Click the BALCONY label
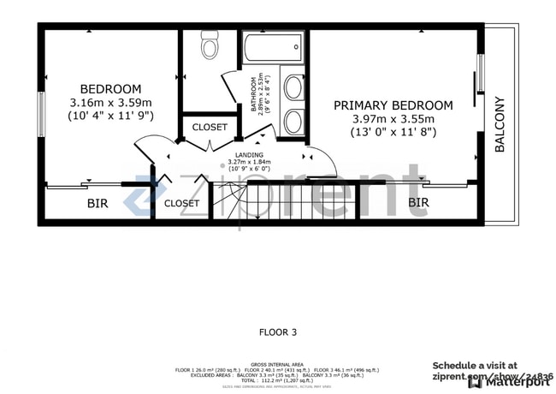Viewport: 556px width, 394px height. (500, 125)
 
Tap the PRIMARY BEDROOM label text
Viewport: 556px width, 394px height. (393, 105)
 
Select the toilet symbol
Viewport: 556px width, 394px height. (210, 44)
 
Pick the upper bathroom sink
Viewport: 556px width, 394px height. (293, 88)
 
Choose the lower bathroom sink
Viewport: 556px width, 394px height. (293, 121)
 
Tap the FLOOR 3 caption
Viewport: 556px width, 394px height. (278, 331)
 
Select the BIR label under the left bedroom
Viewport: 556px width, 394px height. (97, 205)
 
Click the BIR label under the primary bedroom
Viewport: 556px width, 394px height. (417, 203)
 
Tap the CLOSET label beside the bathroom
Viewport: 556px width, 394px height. (210, 128)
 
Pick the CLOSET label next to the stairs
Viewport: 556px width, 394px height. (181, 204)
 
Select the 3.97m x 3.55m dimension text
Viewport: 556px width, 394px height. (393, 119)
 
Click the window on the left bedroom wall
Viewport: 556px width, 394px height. (40, 114)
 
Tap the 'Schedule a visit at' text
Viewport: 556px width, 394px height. (474, 365)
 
